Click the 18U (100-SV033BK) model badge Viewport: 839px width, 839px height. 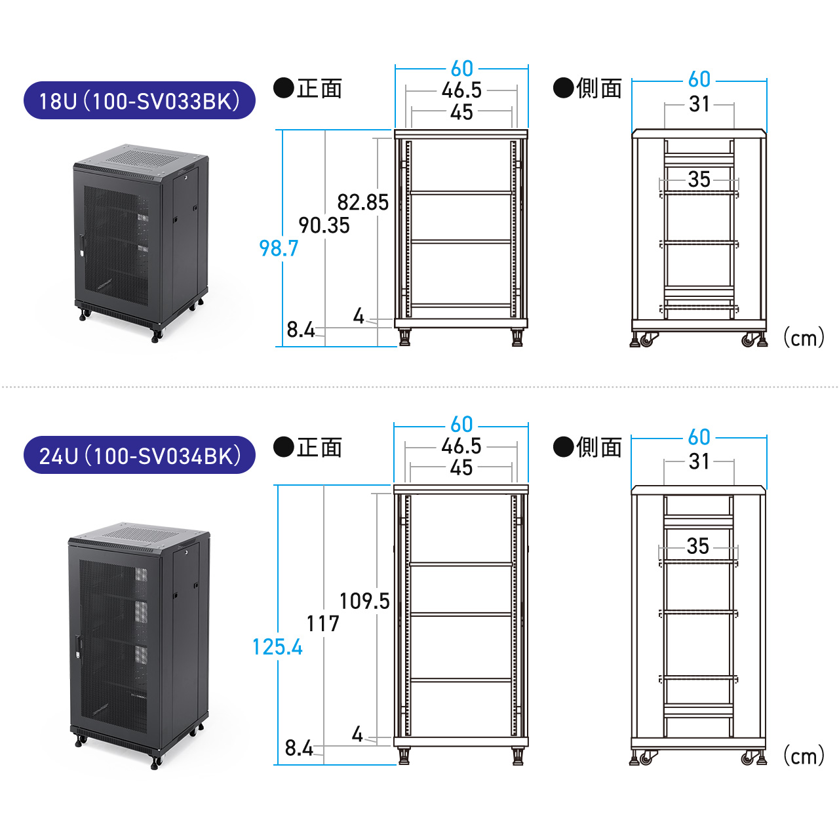140,100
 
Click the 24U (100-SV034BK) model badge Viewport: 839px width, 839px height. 140,456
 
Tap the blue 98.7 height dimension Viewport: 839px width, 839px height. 279,248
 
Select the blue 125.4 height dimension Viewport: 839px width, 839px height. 277,647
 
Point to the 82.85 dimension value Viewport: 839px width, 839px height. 362,203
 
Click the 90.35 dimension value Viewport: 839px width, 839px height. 324,225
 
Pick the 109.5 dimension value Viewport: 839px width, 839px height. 364,601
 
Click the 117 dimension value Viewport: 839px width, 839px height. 322,624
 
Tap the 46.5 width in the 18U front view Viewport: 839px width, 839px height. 461,90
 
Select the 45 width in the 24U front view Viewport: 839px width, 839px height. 461,467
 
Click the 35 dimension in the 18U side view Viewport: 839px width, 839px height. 699,179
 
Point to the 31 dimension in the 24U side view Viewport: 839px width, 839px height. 699,461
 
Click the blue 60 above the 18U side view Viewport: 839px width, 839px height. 699,79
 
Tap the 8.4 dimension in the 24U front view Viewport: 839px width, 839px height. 299,748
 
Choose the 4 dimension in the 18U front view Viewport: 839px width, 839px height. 359,316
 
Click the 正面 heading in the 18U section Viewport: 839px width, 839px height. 319,88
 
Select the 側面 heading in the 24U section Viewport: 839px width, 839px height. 598,447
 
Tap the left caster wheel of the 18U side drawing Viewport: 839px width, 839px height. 647,340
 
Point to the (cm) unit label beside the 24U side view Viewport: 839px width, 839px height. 804,756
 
